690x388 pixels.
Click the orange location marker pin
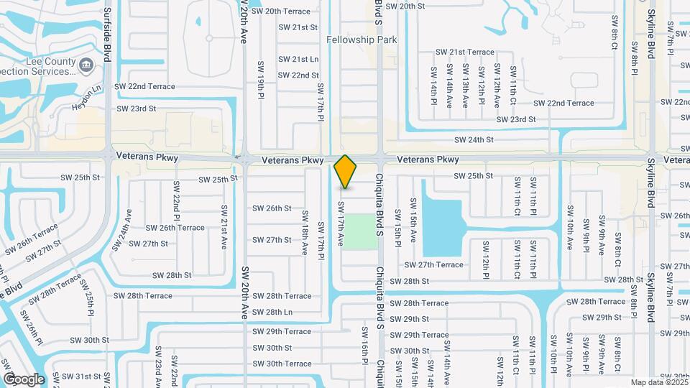[x=345, y=172]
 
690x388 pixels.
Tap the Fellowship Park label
[x=362, y=40]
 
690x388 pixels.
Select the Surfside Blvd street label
[x=107, y=34]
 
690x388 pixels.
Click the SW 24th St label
[x=474, y=140]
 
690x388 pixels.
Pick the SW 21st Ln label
[x=298, y=60]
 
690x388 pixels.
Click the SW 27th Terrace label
[x=433, y=265]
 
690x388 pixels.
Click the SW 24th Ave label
[x=120, y=230]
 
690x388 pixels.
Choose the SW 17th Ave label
[x=341, y=223]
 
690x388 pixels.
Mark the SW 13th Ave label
[x=466, y=86]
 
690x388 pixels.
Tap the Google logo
[x=24, y=379]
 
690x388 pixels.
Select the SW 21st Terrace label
[x=466, y=52]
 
